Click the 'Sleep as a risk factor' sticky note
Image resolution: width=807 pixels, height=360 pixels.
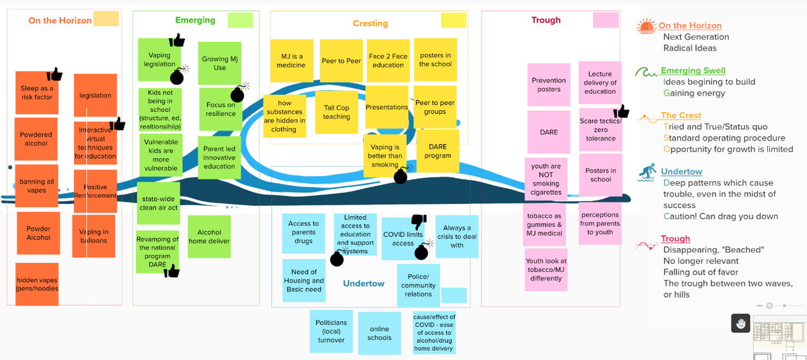pos(36,93)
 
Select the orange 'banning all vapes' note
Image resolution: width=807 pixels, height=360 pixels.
pos(37,186)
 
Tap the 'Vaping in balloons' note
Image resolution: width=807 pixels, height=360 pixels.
pos(94,236)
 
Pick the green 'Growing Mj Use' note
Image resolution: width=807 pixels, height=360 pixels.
pos(220,64)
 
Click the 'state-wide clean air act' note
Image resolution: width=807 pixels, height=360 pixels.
pos(159,203)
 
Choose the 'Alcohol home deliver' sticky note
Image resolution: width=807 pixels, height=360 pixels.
pos(209,236)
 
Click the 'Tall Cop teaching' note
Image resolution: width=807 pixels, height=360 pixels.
pos(336,112)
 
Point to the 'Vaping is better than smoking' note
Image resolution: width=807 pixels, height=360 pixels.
pos(385,156)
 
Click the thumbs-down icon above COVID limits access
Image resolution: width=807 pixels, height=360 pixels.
pos(418,221)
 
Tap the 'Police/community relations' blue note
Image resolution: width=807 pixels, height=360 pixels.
pos(418,285)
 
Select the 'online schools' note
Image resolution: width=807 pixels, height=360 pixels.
pos(379,333)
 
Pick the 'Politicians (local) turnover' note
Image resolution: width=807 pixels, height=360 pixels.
pos(331,331)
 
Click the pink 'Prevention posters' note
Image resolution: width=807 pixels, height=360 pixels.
pos(549,85)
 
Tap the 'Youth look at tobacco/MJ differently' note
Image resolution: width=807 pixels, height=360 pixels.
pos(546,270)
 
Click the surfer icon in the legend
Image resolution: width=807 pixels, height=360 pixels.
pos(646,173)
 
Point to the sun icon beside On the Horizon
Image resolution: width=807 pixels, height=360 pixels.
pos(646,26)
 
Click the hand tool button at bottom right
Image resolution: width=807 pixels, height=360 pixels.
pos(740,324)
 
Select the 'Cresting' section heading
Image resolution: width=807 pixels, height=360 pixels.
pos(370,24)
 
